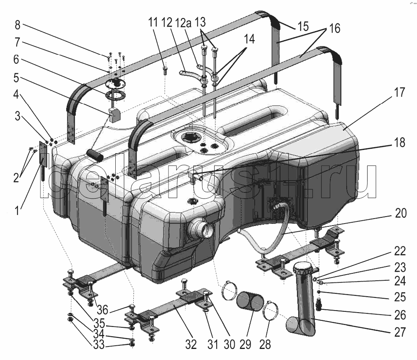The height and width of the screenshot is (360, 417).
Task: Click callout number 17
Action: (399, 92)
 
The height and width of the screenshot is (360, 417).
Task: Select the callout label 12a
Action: (183, 23)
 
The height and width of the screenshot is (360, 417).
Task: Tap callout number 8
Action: (17, 25)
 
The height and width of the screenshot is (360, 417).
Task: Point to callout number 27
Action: (400, 332)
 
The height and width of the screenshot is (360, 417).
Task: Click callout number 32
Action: (191, 344)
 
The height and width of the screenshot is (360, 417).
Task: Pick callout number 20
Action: (401, 213)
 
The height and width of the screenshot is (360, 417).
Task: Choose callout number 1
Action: (17, 211)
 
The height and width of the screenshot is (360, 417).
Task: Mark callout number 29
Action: (245, 344)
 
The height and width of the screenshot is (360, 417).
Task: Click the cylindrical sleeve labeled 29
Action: (250, 301)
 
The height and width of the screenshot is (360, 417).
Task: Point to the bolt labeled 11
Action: (165, 71)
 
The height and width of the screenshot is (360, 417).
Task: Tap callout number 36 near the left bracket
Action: (102, 310)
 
